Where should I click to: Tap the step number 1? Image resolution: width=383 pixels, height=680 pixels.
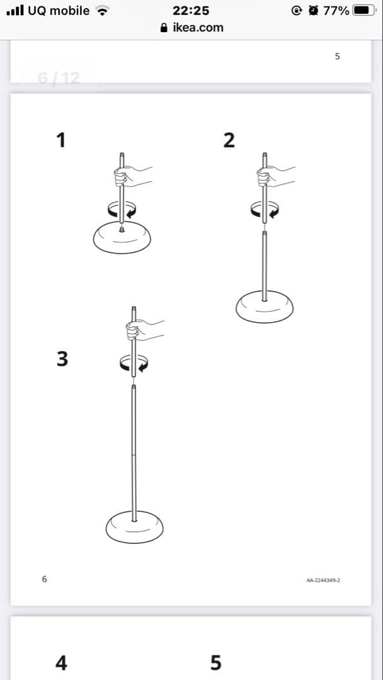(61, 140)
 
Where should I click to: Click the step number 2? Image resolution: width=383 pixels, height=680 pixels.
(229, 140)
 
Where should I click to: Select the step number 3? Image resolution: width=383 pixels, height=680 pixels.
(62, 359)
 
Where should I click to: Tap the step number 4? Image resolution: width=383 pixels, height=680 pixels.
(61, 662)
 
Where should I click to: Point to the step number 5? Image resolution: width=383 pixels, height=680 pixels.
(215, 662)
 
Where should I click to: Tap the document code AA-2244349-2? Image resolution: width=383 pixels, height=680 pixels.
(323, 580)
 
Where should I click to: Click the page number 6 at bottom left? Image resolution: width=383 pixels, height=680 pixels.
(44, 579)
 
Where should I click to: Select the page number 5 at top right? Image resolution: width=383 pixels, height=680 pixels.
(338, 57)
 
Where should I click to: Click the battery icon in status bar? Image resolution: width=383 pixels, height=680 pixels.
(364, 11)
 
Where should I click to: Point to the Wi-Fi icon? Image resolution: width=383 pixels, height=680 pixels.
(103, 11)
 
